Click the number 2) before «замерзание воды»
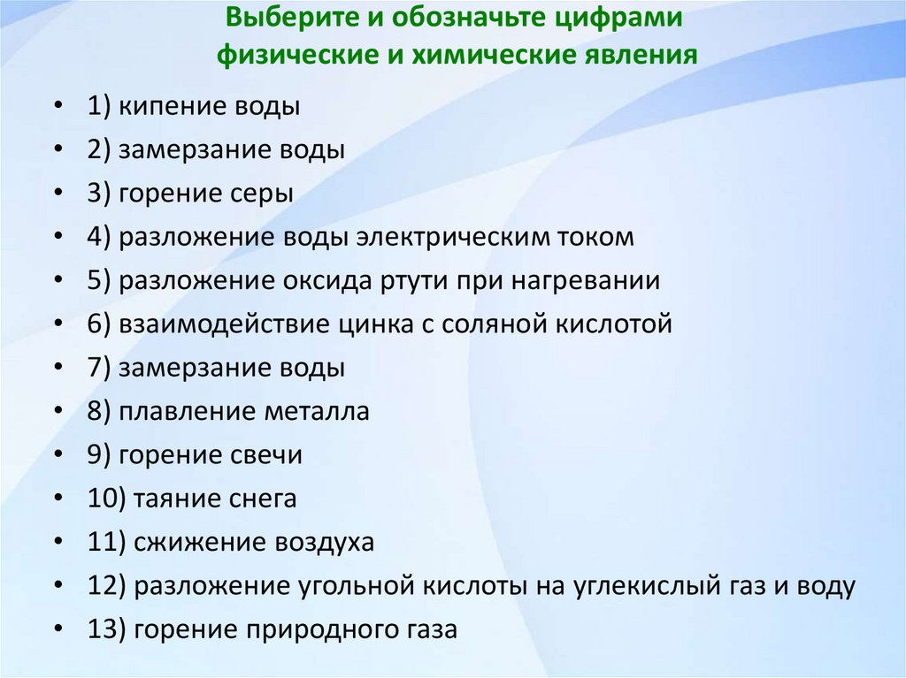pyautogui.click(x=98, y=150)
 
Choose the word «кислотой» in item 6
pyautogui.click(x=613, y=324)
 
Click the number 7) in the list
pyautogui.click(x=98, y=368)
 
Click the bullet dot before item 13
pyautogui.click(x=58, y=629)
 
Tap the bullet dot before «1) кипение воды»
pyautogui.click(x=58, y=107)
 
